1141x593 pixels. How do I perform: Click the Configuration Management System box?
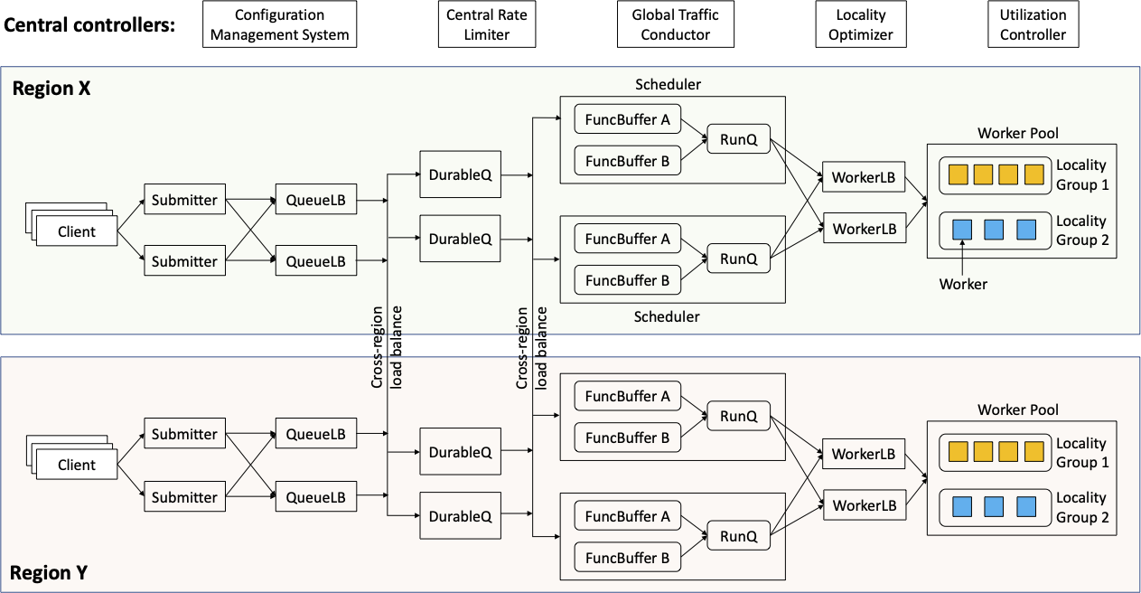click(x=279, y=25)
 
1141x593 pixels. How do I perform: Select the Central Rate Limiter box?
click(x=487, y=25)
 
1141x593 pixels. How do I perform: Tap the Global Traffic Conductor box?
click(x=676, y=25)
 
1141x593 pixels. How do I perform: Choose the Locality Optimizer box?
click(x=860, y=25)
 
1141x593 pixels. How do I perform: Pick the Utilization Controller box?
click(x=1033, y=25)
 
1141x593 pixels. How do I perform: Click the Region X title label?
click(x=51, y=89)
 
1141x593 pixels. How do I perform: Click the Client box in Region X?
click(x=76, y=231)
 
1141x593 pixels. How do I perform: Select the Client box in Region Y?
click(x=76, y=465)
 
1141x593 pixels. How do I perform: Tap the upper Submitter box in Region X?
click(x=184, y=200)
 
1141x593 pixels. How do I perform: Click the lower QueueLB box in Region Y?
click(x=315, y=497)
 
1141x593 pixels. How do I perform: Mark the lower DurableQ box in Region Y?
click(x=460, y=516)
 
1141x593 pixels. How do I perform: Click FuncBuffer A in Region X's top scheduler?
click(x=628, y=119)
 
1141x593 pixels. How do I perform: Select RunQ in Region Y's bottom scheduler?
click(x=738, y=536)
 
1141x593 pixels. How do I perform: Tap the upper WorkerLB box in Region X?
click(x=864, y=178)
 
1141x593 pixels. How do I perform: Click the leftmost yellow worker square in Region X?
click(x=959, y=174)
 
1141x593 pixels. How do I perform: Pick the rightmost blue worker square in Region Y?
click(x=1025, y=506)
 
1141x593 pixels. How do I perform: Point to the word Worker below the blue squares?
click(x=963, y=284)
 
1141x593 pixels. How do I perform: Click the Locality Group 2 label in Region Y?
click(x=1081, y=507)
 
